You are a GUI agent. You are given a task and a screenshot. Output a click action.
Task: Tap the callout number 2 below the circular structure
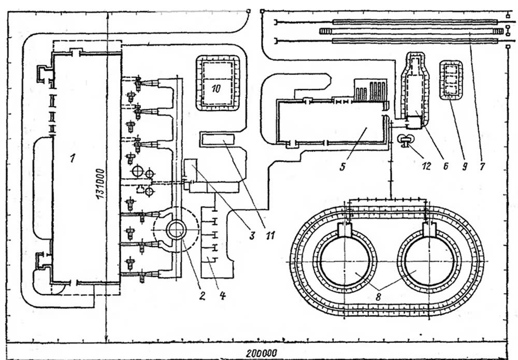pyautogui.click(x=202, y=296)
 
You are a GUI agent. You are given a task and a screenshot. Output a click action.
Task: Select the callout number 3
pyautogui.click(x=252, y=235)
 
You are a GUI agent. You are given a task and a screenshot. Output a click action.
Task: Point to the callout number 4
pyautogui.click(x=222, y=296)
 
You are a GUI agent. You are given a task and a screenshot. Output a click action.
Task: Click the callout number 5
pyautogui.click(x=342, y=166)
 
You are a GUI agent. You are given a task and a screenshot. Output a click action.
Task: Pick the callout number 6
pyautogui.click(x=445, y=166)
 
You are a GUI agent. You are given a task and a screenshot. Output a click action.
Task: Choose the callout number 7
pyautogui.click(x=482, y=166)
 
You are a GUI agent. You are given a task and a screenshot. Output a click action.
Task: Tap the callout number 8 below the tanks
pyautogui.click(x=379, y=296)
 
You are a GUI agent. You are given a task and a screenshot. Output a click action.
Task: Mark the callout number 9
pyautogui.click(x=465, y=166)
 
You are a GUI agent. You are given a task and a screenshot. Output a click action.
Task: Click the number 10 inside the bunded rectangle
pyautogui.click(x=216, y=89)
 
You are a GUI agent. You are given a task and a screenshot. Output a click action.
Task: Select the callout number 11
pyautogui.click(x=270, y=235)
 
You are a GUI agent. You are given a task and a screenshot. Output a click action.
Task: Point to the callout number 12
pyautogui.click(x=426, y=166)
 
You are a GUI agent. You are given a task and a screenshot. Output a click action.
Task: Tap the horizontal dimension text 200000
pyautogui.click(x=262, y=353)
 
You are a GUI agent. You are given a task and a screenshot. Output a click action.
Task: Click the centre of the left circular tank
pyautogui.click(x=344, y=262)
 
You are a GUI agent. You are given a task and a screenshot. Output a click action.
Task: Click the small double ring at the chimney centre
pyautogui.click(x=176, y=229)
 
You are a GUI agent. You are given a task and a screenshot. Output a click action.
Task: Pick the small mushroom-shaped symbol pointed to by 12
pyautogui.click(x=406, y=140)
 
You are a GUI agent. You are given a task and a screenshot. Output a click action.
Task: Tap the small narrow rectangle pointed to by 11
pyautogui.click(x=218, y=139)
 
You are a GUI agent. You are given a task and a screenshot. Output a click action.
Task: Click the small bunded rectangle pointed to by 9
pyautogui.click(x=451, y=80)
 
